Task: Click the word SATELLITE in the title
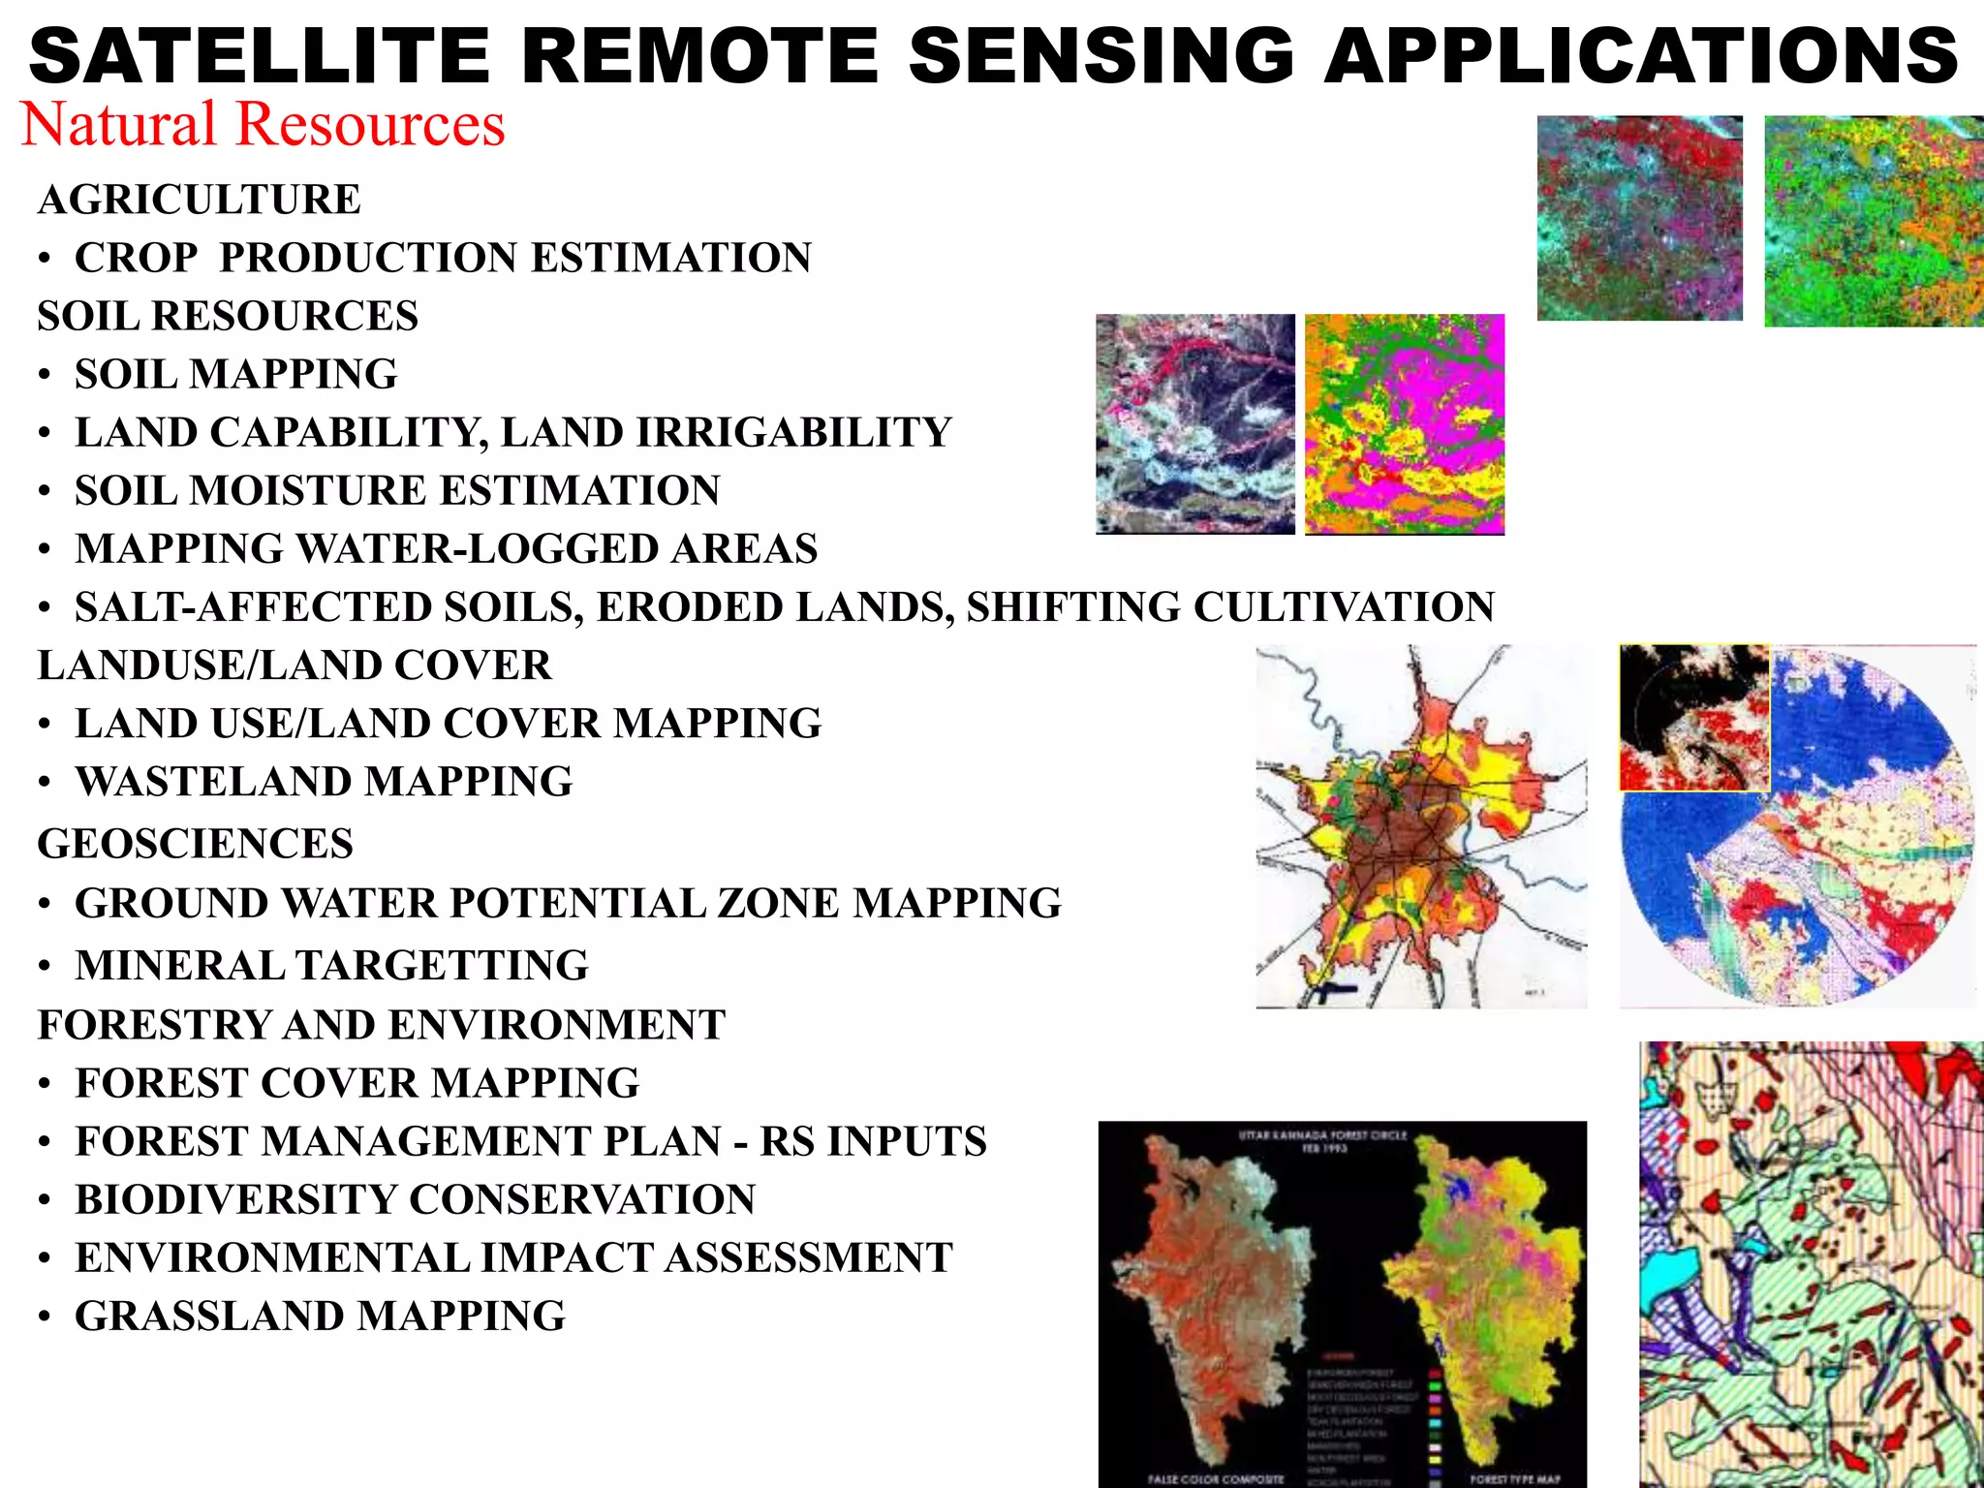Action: (260, 55)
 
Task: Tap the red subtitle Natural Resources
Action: (263, 125)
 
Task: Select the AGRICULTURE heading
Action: (199, 200)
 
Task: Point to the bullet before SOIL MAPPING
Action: (45, 376)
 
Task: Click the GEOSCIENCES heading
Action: (195, 844)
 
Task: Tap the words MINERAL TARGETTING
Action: (331, 965)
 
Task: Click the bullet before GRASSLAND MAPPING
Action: (45, 1317)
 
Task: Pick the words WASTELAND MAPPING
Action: (324, 782)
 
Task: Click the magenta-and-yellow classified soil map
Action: (1404, 423)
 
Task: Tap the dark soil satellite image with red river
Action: (1194, 423)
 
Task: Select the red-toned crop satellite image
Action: (1639, 218)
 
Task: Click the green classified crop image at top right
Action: (1873, 221)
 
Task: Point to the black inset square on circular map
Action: (1693, 718)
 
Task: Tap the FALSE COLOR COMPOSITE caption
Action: (1215, 1479)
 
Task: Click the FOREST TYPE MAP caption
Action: (1514, 1479)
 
